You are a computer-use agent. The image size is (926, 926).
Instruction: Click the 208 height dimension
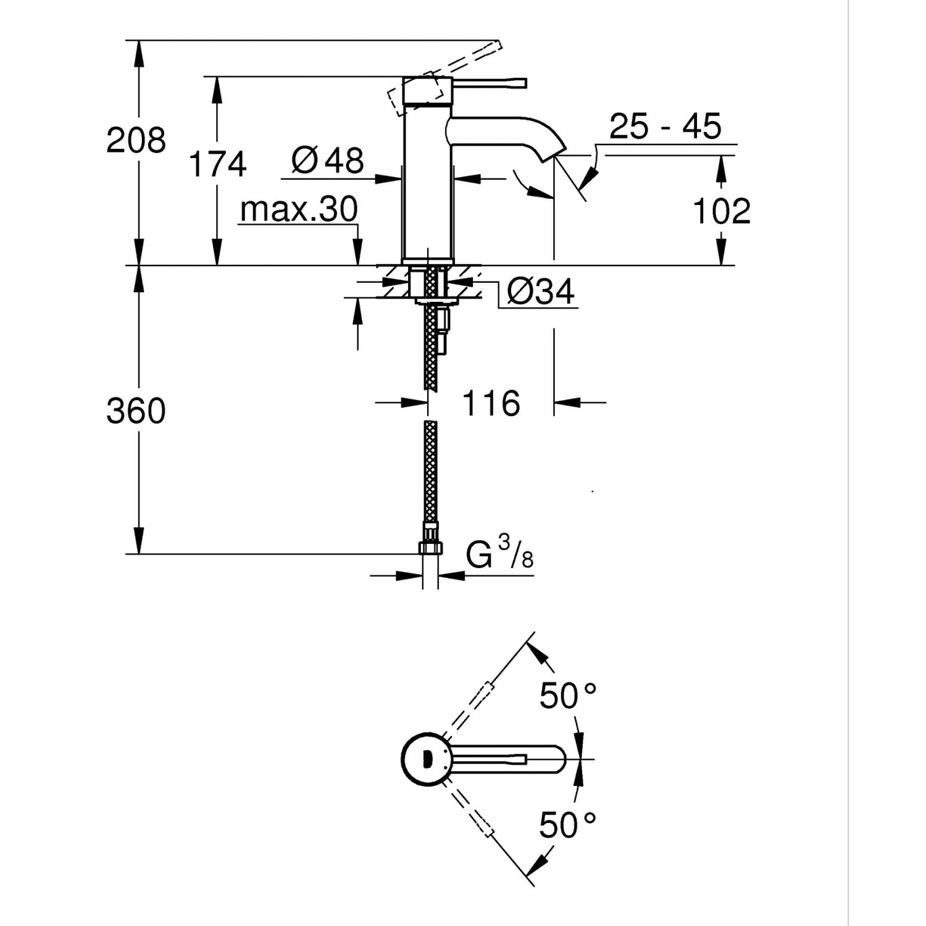point(136,140)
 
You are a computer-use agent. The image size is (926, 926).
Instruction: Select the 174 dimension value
point(217,164)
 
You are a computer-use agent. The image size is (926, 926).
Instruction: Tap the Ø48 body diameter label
point(328,161)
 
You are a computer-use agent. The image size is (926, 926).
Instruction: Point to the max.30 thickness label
point(299,209)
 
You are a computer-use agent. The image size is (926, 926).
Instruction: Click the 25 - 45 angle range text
point(665,127)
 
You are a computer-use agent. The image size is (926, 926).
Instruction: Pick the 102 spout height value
point(722,211)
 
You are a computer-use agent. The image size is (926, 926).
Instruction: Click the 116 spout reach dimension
point(491,404)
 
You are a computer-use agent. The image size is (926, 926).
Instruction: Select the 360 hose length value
point(136,411)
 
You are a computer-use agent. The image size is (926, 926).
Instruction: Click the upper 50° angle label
point(567,696)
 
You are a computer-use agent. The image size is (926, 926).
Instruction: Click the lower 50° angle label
point(567,825)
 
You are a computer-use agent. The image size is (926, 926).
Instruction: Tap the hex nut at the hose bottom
point(430,547)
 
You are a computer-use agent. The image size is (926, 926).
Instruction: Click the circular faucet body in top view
point(423,759)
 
